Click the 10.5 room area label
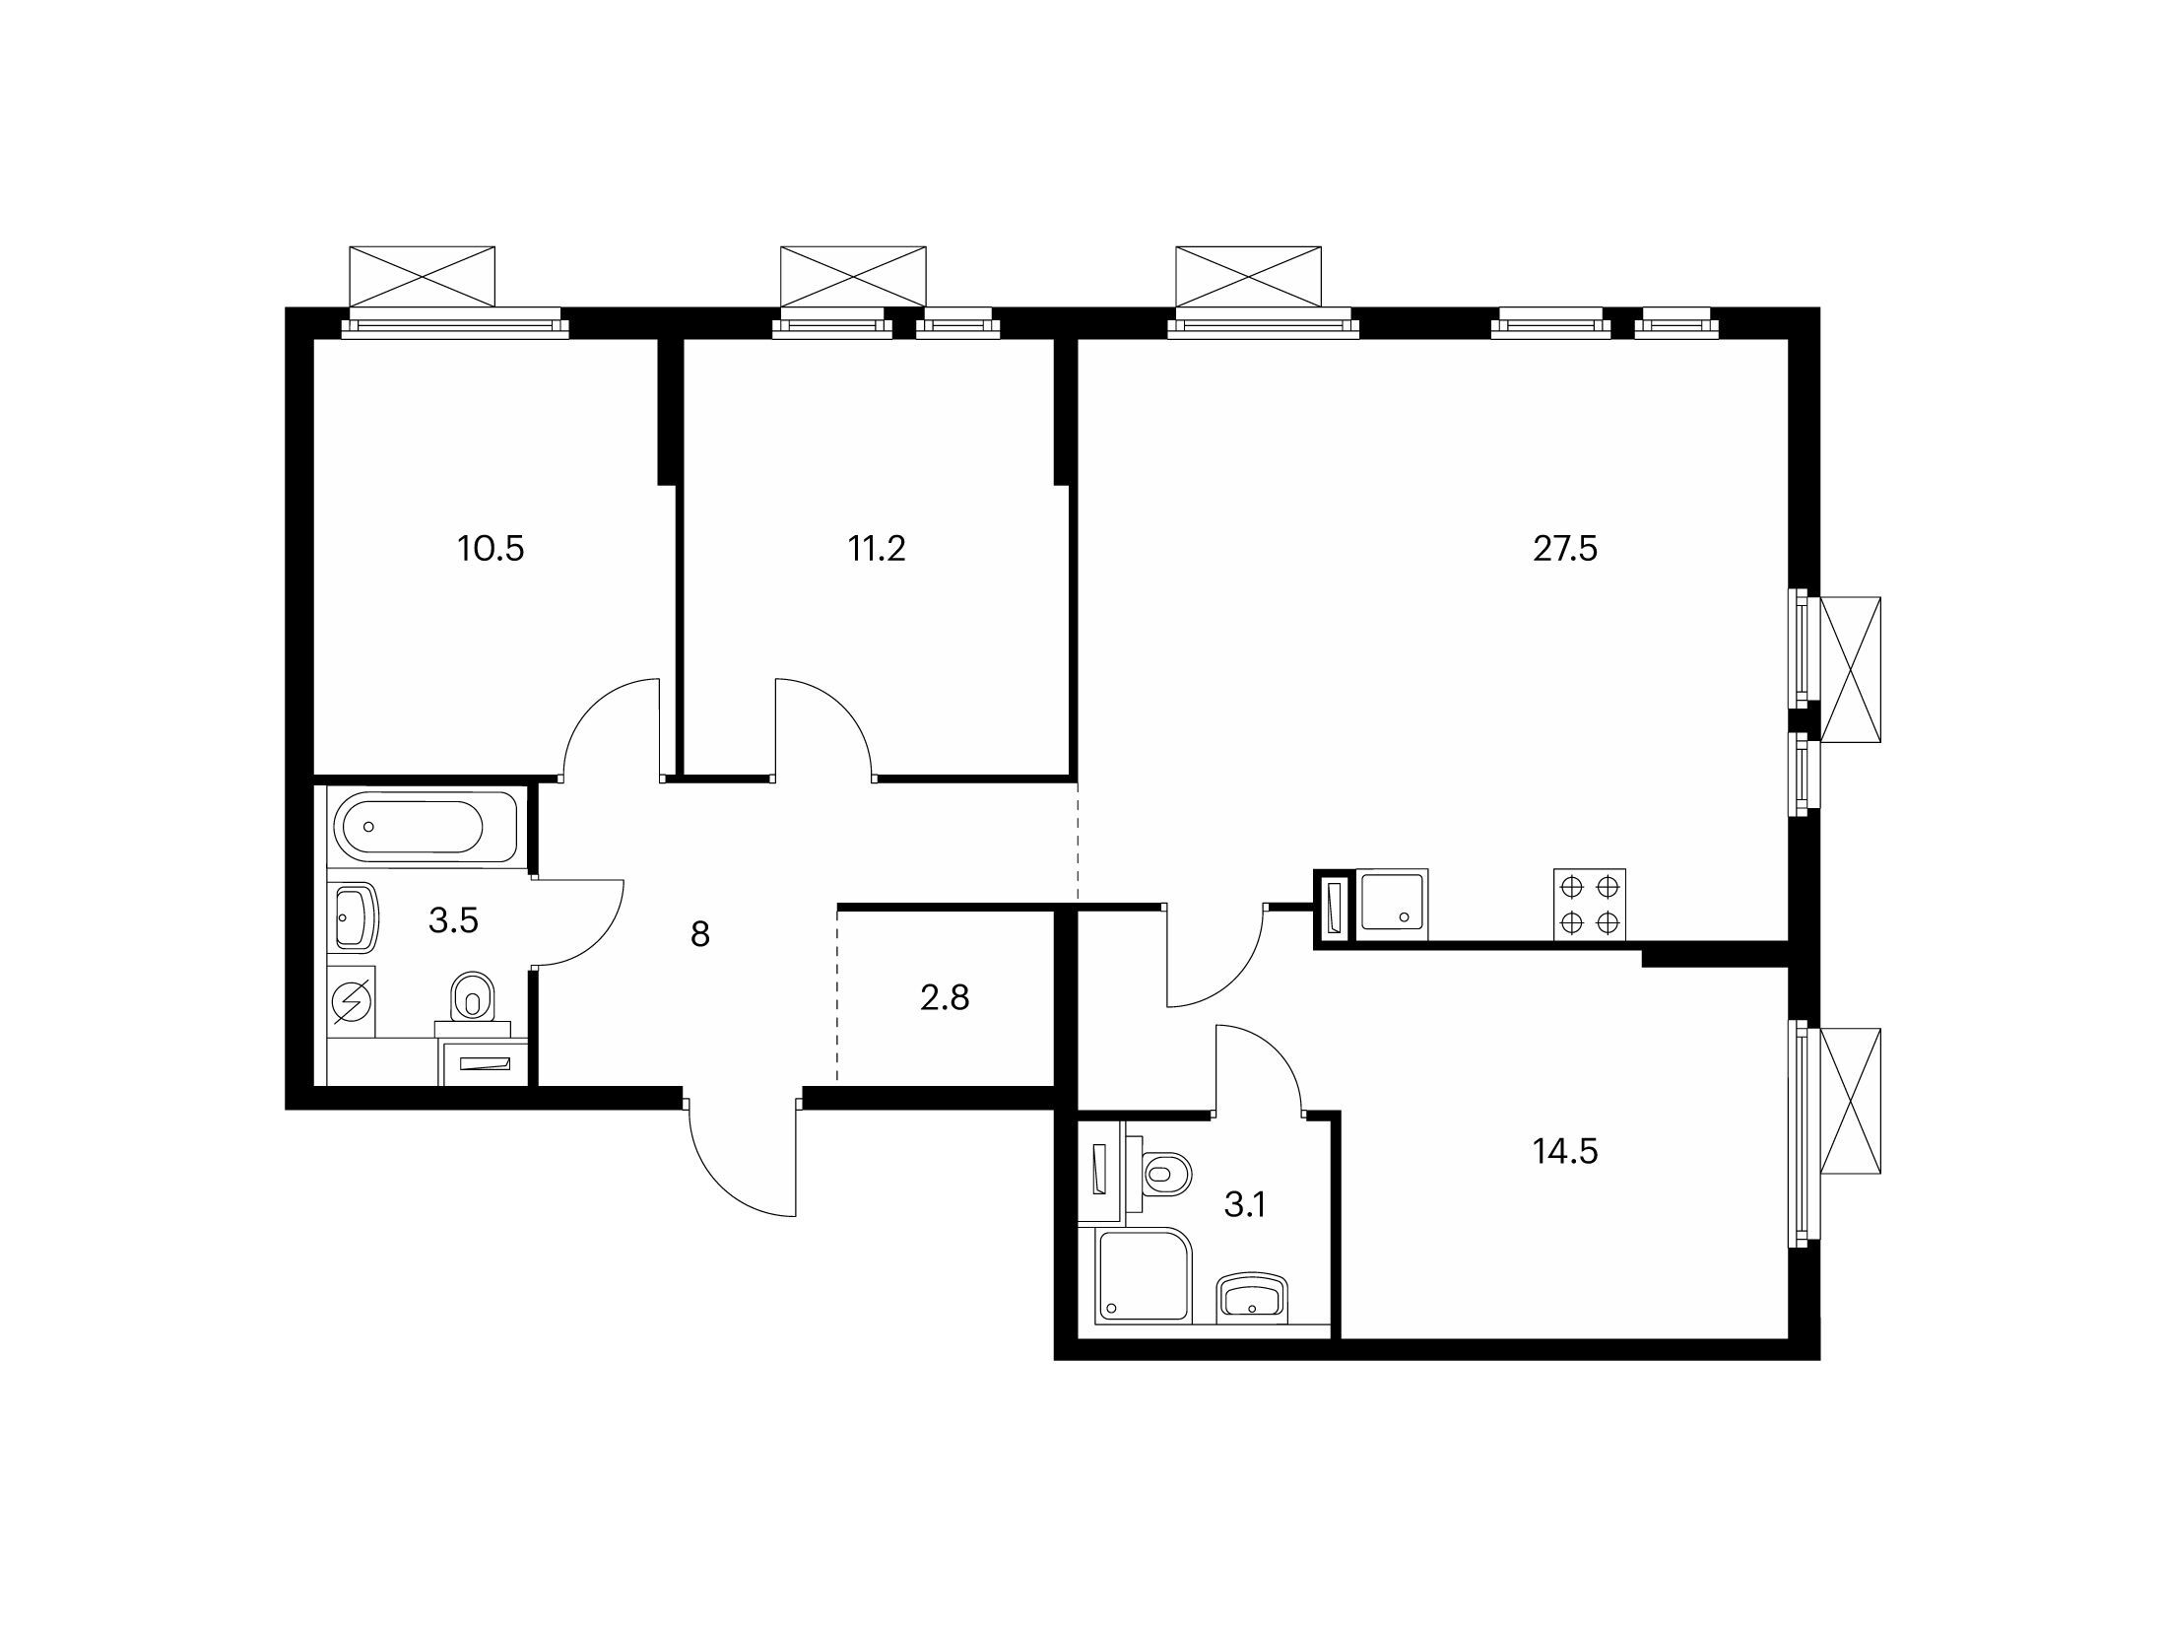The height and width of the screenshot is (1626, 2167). click(x=491, y=549)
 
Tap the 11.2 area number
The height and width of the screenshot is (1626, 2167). click(x=877, y=549)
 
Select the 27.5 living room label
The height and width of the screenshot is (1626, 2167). click(x=1565, y=549)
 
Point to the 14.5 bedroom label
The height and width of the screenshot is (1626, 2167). click(x=1565, y=1150)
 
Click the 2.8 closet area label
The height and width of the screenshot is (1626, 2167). click(x=946, y=997)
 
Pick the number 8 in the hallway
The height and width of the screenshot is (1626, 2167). click(x=700, y=933)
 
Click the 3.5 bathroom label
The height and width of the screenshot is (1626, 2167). click(x=454, y=919)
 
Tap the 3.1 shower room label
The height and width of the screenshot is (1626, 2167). click(x=1244, y=1204)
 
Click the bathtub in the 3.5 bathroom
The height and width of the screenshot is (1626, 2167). click(x=425, y=827)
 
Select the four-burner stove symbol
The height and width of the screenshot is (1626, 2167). click(x=1590, y=905)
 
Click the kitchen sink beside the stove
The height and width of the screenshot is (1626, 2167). click(x=1392, y=900)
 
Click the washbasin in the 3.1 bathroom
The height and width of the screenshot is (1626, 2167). click(x=1253, y=1299)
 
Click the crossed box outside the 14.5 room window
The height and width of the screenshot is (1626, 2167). click(x=1851, y=1101)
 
